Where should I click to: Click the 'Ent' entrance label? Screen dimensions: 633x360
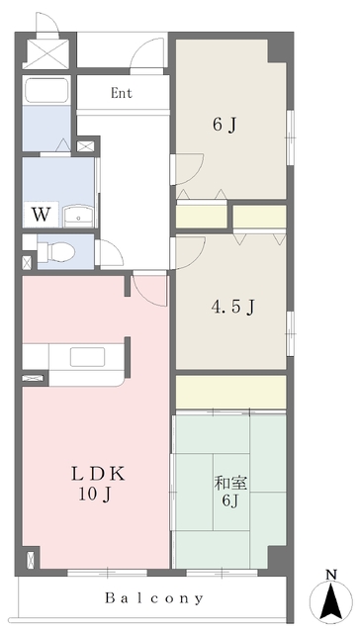[x=123, y=94]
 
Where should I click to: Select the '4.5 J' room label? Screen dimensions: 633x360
[x=232, y=307]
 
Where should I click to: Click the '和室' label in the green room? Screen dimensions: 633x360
[x=230, y=485]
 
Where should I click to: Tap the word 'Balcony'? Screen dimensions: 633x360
[x=156, y=598]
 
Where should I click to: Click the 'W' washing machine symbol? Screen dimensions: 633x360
[x=41, y=213]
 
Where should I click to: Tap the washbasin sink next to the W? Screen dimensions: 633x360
[x=76, y=215]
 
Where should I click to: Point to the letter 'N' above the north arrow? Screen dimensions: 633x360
[x=332, y=575]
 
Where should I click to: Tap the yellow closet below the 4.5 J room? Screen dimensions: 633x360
[x=230, y=392]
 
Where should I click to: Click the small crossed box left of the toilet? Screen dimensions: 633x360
[x=27, y=262]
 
